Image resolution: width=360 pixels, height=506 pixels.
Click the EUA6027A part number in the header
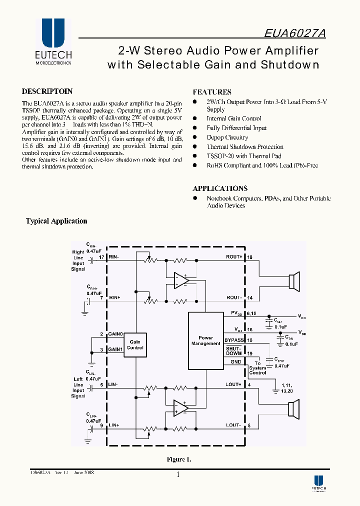(x=295, y=33)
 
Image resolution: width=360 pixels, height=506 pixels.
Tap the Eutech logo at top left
(x=53, y=42)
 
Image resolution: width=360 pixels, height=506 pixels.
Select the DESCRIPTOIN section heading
(x=47, y=91)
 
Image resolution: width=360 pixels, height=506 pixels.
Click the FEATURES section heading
(x=212, y=92)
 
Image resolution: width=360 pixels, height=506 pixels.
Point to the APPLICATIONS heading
(x=220, y=188)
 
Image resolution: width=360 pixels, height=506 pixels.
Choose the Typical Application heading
(x=56, y=221)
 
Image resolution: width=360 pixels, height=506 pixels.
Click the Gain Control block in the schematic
(x=135, y=344)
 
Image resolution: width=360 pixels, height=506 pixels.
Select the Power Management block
(x=205, y=340)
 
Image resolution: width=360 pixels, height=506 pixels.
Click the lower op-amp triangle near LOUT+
(x=180, y=408)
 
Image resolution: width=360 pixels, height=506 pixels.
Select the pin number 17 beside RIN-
(x=101, y=257)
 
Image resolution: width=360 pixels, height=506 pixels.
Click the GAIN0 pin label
(x=115, y=333)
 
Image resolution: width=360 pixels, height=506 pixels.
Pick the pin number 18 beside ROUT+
(x=250, y=257)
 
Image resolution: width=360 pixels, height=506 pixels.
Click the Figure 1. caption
(x=179, y=459)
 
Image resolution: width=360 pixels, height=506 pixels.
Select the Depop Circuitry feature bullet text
(x=227, y=137)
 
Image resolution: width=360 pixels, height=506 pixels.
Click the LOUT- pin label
(x=233, y=425)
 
